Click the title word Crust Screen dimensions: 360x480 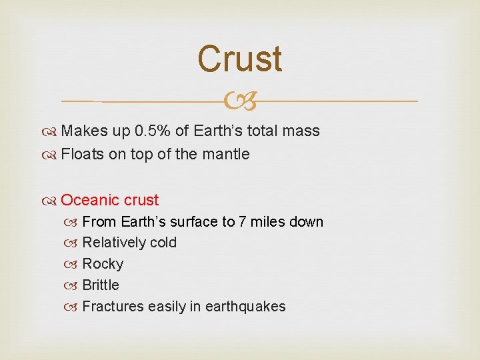(240, 59)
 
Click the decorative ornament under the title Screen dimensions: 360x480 (240, 101)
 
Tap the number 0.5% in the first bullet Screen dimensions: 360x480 (149, 131)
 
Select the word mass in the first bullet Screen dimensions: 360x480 (301, 131)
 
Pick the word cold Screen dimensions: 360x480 (163, 243)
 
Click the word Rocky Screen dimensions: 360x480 (103, 264)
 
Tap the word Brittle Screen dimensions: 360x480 (101, 285)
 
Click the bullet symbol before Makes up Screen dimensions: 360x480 (52, 131)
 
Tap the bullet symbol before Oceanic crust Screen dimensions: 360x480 (52, 201)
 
